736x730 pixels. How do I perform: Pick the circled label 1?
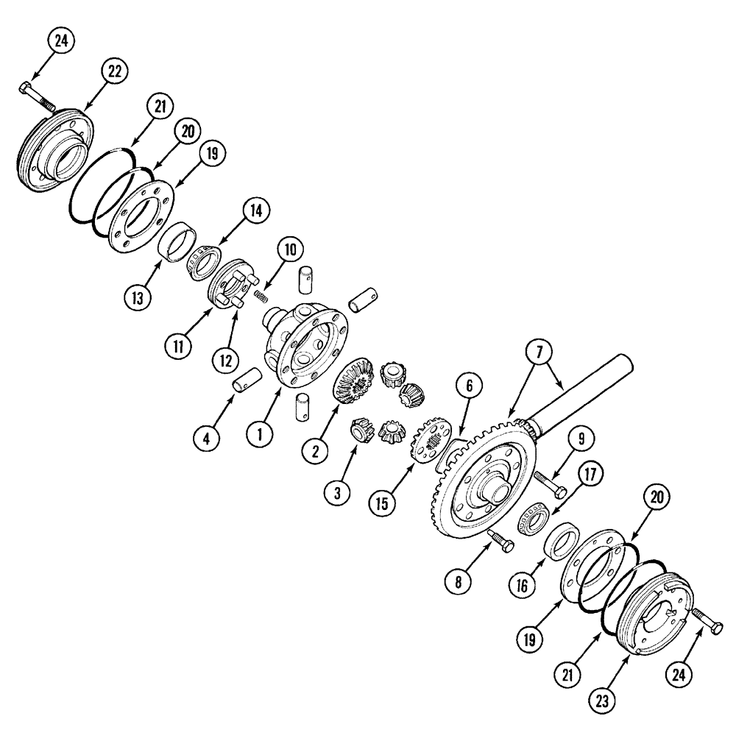[259, 434]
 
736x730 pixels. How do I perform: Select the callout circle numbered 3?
[337, 493]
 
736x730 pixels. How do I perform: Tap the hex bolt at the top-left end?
[37, 96]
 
